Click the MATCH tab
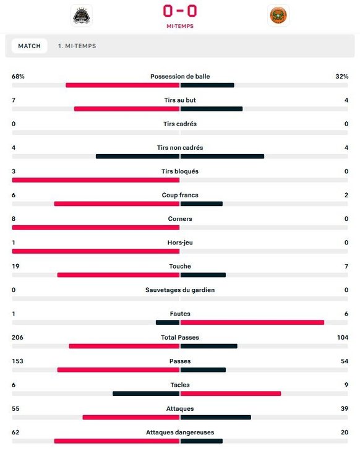(29, 46)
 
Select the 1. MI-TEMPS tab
(77, 46)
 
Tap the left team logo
(82, 15)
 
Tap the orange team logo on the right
(278, 15)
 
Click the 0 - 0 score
(180, 11)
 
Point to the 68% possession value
(18, 76)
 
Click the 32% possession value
(341, 76)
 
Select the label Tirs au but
(180, 100)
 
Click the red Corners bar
(95, 227)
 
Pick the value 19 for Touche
(15, 266)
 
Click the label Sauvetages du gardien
(180, 290)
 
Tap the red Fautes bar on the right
(252, 322)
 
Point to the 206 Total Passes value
(17, 337)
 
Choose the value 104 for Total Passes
(343, 337)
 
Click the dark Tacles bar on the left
(146, 393)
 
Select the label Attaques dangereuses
(180, 432)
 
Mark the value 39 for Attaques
(345, 408)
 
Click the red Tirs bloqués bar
(95, 180)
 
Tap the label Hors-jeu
(180, 243)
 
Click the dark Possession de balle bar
(207, 85)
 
